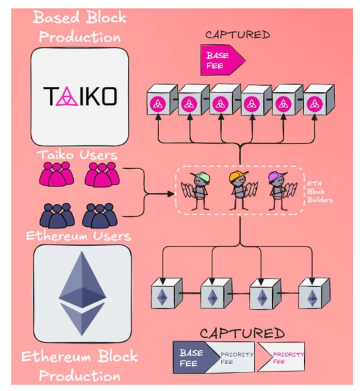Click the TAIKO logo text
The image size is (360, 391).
[x=80, y=97]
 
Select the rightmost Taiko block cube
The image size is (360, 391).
[x=317, y=101]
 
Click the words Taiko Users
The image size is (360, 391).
[x=79, y=155]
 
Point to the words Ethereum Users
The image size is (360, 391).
[x=79, y=236]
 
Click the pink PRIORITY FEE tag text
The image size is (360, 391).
[x=287, y=358]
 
